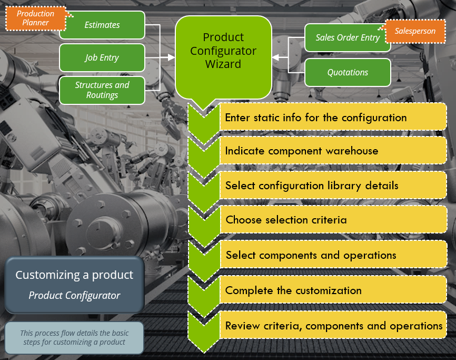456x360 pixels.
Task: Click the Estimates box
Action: tap(102, 25)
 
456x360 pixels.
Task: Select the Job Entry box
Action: tap(102, 57)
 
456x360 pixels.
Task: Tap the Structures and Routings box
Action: tap(102, 90)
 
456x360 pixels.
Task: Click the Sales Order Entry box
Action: tap(348, 38)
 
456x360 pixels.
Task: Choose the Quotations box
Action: tap(348, 72)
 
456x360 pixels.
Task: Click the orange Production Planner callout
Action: tap(35, 18)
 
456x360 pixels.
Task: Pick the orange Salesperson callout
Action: tap(415, 31)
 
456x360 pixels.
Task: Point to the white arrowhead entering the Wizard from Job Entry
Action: tap(171, 57)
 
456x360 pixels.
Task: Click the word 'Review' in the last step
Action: tap(243, 326)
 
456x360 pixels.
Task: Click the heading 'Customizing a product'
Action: tap(74, 275)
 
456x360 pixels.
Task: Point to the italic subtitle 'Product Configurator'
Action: tap(74, 295)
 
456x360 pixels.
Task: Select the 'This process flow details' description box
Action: tap(74, 337)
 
